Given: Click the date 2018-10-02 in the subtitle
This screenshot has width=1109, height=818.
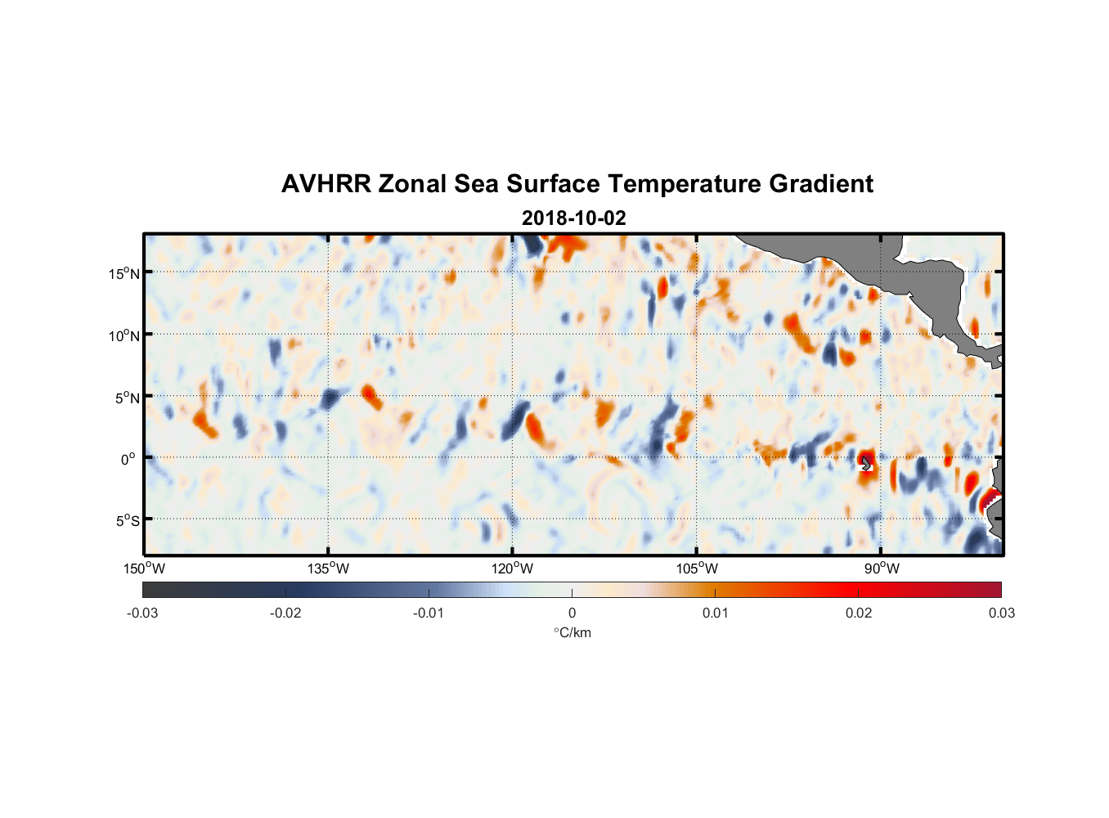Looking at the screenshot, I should [573, 218].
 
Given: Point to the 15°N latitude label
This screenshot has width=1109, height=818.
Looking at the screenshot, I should [124, 273].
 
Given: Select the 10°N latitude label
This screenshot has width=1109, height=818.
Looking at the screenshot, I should [124, 335].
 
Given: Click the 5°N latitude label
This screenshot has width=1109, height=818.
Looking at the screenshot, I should [127, 398].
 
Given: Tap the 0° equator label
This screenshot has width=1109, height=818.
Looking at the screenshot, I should [129, 460].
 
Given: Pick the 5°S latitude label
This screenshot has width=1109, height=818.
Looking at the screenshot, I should [127, 521].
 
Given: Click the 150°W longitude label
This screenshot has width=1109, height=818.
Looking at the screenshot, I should [144, 569].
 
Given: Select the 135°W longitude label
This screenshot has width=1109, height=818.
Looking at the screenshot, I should [328, 569].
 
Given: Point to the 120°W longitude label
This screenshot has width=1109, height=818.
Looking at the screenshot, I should [512, 569].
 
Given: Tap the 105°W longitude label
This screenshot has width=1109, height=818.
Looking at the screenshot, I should [697, 569].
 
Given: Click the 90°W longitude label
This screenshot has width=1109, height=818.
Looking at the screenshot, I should [881, 569].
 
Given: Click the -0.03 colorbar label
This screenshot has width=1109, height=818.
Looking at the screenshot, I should [142, 613].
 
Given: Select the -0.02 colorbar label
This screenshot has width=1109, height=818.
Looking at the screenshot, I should [285, 613].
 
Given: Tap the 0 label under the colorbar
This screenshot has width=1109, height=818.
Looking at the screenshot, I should [572, 613].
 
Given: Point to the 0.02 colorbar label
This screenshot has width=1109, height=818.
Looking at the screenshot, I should [859, 613].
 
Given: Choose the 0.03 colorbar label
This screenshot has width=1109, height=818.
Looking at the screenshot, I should [1001, 613].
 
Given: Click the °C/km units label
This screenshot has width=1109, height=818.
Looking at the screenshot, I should [572, 632].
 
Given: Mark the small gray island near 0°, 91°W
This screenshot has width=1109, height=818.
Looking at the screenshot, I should [867, 464].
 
